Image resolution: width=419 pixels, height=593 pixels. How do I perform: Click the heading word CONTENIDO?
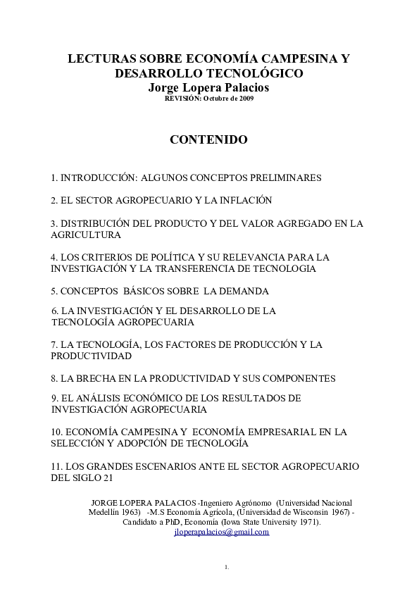click(208, 139)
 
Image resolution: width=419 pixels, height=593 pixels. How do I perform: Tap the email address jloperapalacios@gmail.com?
click(221, 532)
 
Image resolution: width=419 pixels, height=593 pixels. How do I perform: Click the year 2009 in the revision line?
click(246, 99)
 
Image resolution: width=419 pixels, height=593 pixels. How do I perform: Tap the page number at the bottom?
click(227, 567)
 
